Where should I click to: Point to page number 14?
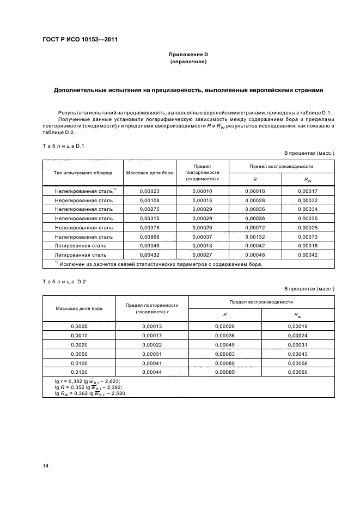point(45,465)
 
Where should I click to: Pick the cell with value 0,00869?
point(149,237)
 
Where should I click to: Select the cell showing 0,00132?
point(255,237)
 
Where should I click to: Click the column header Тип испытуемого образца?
point(83,173)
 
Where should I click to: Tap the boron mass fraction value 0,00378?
point(149,228)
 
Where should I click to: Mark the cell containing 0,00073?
point(308,237)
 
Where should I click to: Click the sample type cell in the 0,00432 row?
point(83,255)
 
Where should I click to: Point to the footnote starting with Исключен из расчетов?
point(158,264)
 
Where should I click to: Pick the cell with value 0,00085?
point(224,371)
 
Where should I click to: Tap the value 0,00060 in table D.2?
point(298,371)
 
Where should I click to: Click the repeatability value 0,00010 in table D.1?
point(202,191)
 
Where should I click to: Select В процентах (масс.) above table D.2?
point(309,288)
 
